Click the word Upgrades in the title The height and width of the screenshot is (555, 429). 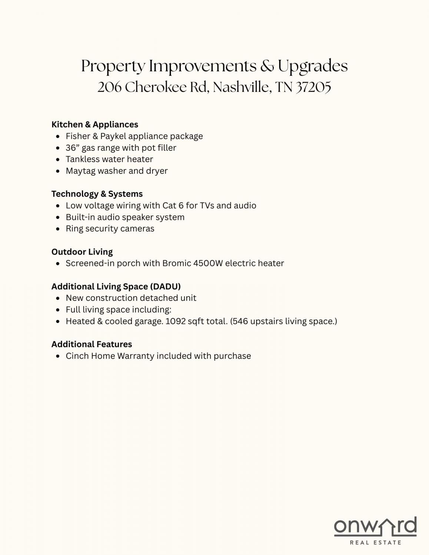313,67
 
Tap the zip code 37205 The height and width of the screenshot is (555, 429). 313,88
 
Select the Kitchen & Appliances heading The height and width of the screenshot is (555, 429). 95,125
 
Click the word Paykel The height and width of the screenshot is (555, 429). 113,136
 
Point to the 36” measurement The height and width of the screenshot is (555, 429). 72,148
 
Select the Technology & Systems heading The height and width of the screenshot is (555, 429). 97,194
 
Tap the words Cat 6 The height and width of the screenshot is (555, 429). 173,205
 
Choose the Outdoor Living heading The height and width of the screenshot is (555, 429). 82,252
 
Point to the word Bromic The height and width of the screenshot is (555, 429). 177,263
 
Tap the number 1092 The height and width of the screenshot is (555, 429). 175,321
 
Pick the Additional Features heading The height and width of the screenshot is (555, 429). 92,344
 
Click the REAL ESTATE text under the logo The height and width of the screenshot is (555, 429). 375,542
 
